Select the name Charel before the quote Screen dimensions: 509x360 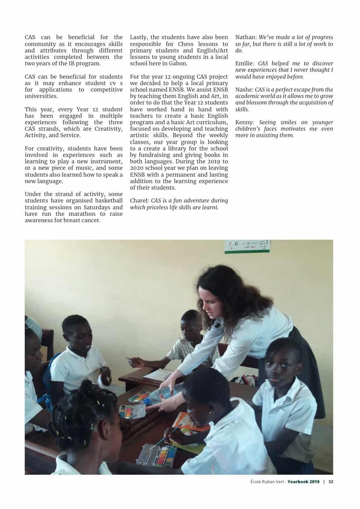coord(139,200)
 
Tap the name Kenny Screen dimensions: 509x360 coord(244,122)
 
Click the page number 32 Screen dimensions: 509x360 coord(331,482)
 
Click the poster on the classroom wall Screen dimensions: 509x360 coord(247,246)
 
